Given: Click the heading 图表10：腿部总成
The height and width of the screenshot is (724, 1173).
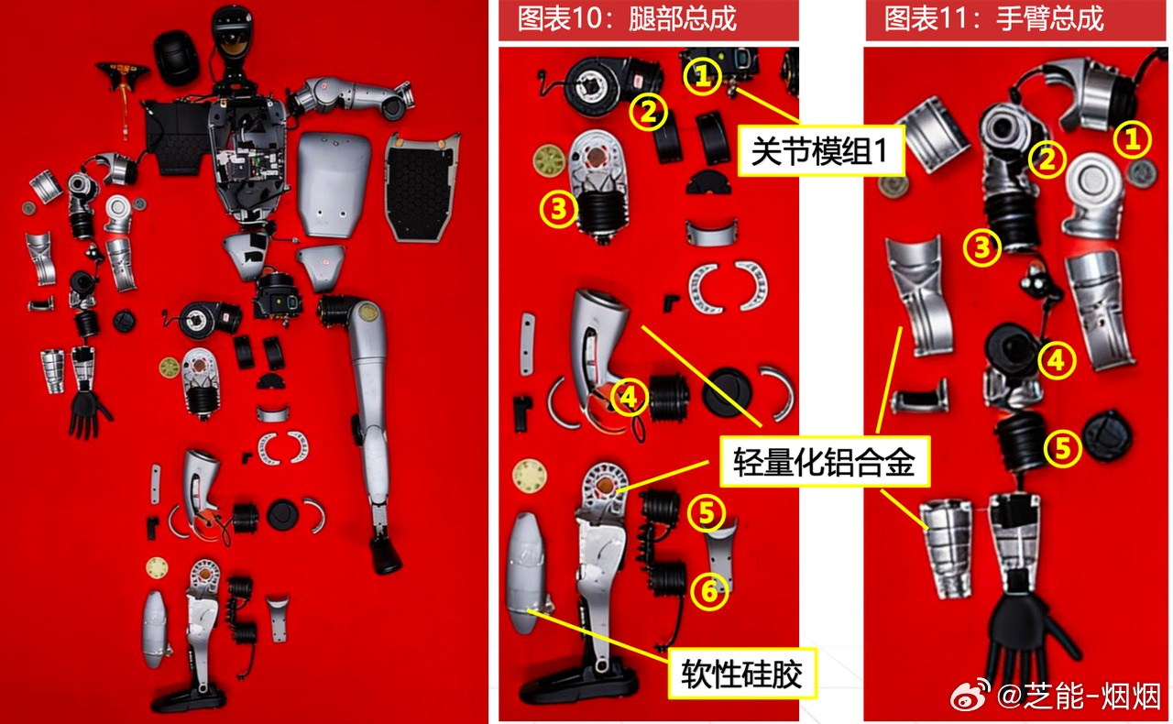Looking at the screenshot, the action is point(627,19).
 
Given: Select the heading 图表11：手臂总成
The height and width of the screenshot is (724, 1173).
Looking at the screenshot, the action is point(994,19).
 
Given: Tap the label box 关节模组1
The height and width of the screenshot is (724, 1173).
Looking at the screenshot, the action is point(820,151).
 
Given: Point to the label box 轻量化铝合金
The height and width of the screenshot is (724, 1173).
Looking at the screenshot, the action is point(825,462).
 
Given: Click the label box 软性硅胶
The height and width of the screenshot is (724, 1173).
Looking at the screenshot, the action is point(742,675).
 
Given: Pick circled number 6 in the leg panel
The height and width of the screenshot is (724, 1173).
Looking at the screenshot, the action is point(709,591).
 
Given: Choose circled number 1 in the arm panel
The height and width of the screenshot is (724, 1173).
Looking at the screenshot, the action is point(1132,139).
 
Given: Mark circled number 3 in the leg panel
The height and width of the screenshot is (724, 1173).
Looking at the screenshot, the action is point(559,209).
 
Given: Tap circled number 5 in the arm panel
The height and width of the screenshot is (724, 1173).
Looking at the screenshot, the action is point(1062,448).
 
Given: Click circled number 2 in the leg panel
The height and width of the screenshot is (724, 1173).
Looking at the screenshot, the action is point(648,112).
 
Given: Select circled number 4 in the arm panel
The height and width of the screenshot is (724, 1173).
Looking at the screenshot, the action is point(1057,360).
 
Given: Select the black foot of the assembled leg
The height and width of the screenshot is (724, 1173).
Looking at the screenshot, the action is point(386,555).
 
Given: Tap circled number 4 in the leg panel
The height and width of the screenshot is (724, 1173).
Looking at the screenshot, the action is point(629,398).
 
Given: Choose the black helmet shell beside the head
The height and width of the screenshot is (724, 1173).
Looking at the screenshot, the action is point(176,58).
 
